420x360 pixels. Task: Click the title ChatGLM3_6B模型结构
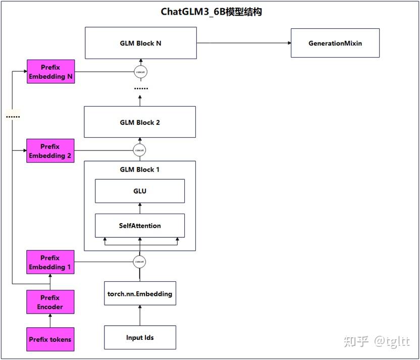pyautogui.click(x=211, y=12)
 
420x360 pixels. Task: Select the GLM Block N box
pyautogui.click(x=140, y=43)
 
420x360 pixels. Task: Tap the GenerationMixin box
pyautogui.click(x=335, y=43)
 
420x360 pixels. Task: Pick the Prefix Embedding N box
pyautogui.click(x=50, y=72)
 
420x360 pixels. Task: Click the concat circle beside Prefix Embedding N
pyautogui.click(x=140, y=72)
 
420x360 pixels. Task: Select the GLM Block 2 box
pyautogui.click(x=140, y=122)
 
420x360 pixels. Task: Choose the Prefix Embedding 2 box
pyautogui.click(x=50, y=150)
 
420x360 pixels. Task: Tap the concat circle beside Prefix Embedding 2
pyautogui.click(x=140, y=150)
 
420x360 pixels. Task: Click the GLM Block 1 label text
pyautogui.click(x=140, y=170)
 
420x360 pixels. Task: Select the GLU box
pyautogui.click(x=140, y=191)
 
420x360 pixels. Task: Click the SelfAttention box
pyautogui.click(x=140, y=226)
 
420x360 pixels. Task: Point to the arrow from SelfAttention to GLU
pyautogui.click(x=140, y=209)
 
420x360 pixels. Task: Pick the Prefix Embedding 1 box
pyautogui.click(x=50, y=262)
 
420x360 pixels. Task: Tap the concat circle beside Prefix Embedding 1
pyautogui.click(x=140, y=262)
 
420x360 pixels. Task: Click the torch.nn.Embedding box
pyautogui.click(x=140, y=294)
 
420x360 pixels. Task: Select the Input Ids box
pyautogui.click(x=140, y=337)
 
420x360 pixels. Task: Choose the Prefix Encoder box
pyautogui.click(x=50, y=302)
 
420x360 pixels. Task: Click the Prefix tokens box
pyautogui.click(x=50, y=339)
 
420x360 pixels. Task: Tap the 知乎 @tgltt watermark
pyautogui.click(x=377, y=341)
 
